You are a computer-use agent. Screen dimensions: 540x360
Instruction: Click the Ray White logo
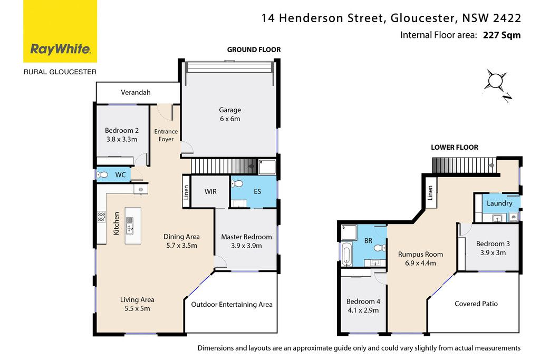tap(60, 31)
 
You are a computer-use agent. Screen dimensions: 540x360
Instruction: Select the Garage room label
tap(230, 110)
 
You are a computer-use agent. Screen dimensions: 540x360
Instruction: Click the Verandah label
tap(136, 92)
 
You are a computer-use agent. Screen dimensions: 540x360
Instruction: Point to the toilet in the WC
tap(103, 175)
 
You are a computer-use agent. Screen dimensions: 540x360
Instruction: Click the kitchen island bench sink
tap(130, 224)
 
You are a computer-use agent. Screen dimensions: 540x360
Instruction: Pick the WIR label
tap(210, 191)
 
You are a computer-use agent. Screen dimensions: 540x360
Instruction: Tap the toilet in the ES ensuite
tap(237, 183)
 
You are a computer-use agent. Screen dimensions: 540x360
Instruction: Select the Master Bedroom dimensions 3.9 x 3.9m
tap(247, 246)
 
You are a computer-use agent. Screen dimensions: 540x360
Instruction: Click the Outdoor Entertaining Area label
tap(232, 304)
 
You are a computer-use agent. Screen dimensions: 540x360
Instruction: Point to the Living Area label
tap(137, 299)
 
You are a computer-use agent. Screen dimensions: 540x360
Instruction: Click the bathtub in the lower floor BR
tap(346, 255)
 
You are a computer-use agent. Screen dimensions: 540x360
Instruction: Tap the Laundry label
tap(499, 203)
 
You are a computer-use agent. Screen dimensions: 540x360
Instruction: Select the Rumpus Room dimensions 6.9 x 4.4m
tap(420, 264)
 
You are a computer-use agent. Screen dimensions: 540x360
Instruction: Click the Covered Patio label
tap(476, 304)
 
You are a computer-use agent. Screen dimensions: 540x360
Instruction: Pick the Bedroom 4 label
tap(363, 301)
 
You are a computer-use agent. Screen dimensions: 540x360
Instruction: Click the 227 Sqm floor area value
tap(502, 35)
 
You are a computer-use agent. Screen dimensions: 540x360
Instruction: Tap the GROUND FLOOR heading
tap(254, 50)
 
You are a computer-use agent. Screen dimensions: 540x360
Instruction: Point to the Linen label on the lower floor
tap(430, 193)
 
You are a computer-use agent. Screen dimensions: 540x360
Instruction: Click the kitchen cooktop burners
tap(101, 217)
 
